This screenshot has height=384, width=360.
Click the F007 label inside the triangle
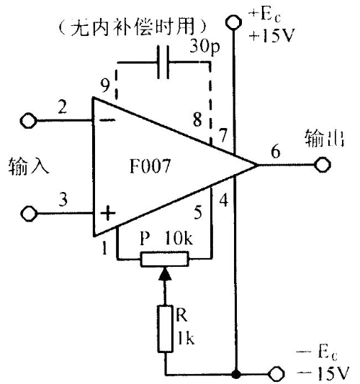pos(150,166)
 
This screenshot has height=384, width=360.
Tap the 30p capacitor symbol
pos(163,63)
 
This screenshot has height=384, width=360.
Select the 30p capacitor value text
pos(204,46)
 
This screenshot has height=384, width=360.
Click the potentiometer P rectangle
pos(165,259)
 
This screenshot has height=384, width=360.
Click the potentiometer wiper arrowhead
pos(165,273)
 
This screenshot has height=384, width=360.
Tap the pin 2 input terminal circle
pos(29,121)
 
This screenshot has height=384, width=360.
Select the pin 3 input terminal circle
pos(29,214)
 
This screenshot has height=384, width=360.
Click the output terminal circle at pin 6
pos(323,165)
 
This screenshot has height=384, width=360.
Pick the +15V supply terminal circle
pos(233,22)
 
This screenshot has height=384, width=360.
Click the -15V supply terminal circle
pos(276,374)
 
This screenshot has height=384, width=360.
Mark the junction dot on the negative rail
pos(236,374)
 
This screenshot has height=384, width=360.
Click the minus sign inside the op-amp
pos(108,120)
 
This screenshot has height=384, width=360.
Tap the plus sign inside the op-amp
pos(108,213)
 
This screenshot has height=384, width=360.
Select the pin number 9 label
pos(105,86)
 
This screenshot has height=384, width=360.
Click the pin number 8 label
pos(197,119)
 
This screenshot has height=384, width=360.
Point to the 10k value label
pos(179,237)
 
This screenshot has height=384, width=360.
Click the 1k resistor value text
pos(186,338)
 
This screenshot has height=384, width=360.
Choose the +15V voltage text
pos(271,36)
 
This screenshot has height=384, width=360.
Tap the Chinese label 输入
pos(29,166)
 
